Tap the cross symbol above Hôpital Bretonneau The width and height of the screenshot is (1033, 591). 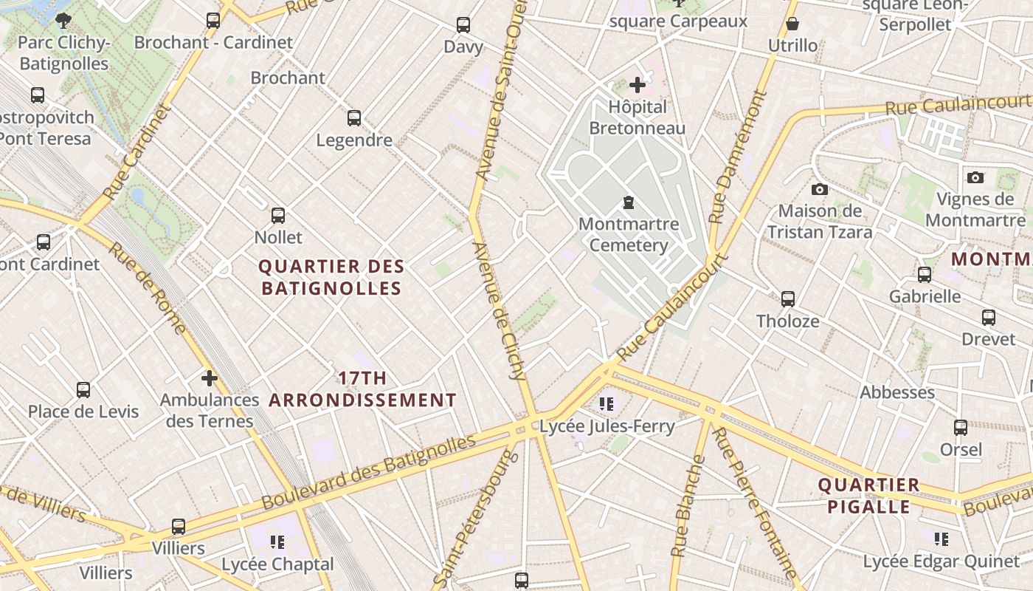(x=638, y=85)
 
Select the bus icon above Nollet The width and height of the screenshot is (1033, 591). (x=278, y=216)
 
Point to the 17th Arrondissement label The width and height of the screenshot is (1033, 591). (x=362, y=389)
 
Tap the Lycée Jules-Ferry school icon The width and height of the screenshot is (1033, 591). (x=607, y=404)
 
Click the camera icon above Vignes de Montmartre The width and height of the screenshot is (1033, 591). (x=975, y=177)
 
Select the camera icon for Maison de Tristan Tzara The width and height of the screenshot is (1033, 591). (x=819, y=190)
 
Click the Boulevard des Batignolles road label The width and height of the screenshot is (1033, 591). (x=369, y=471)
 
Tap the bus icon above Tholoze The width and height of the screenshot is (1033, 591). (x=788, y=299)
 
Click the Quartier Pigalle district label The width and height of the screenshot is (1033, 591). (x=869, y=496)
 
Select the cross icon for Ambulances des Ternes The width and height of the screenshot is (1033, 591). (x=210, y=378)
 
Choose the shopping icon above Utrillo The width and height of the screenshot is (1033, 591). (x=792, y=24)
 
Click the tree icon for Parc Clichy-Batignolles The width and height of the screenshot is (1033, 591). (x=63, y=20)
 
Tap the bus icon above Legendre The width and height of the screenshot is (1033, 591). (x=354, y=118)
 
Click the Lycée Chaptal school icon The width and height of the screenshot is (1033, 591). (x=277, y=542)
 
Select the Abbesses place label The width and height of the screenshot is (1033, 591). (x=896, y=392)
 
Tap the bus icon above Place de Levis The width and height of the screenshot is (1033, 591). (x=83, y=389)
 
